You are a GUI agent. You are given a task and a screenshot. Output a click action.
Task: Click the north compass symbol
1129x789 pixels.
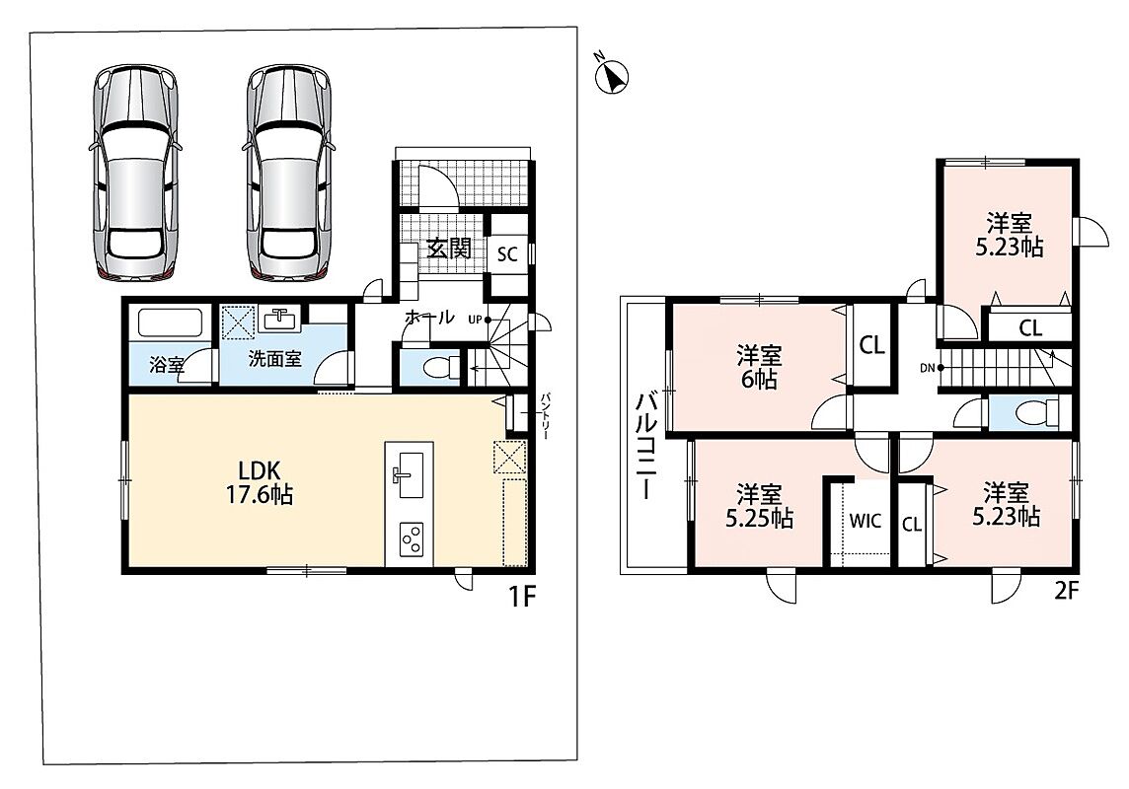pyautogui.click(x=613, y=75)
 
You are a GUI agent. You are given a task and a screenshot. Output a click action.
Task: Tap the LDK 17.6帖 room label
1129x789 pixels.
pyautogui.click(x=260, y=482)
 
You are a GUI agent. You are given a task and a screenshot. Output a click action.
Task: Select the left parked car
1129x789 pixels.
pyautogui.click(x=135, y=173)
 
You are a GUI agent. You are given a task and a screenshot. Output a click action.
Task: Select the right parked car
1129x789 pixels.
pyautogui.click(x=289, y=173)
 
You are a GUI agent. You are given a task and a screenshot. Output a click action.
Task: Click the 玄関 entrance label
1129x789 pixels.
pyautogui.click(x=449, y=249)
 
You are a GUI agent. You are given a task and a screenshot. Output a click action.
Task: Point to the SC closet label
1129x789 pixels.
pyautogui.click(x=507, y=253)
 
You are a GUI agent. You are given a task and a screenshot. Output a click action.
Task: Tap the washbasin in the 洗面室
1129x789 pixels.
pyautogui.click(x=281, y=319)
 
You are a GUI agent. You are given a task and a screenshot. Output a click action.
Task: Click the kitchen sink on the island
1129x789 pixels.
pyautogui.click(x=409, y=474)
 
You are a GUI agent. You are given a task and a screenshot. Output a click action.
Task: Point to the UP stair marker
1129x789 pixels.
pyautogui.click(x=478, y=320)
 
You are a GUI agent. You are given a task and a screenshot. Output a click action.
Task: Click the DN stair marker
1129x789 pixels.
pyautogui.click(x=931, y=368)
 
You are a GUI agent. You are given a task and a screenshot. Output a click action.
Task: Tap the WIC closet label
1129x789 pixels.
pyautogui.click(x=865, y=521)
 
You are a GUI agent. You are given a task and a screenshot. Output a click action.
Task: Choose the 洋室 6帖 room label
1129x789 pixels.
pyautogui.click(x=759, y=367)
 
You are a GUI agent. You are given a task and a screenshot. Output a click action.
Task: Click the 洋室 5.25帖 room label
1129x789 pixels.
pyautogui.click(x=759, y=506)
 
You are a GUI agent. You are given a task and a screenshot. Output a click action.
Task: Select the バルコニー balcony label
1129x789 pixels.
pyautogui.click(x=645, y=445)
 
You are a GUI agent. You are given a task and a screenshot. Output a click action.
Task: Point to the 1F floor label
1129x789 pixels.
pyautogui.click(x=523, y=597)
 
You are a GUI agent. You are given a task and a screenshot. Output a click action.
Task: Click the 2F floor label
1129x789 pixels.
pyautogui.click(x=1067, y=591)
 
